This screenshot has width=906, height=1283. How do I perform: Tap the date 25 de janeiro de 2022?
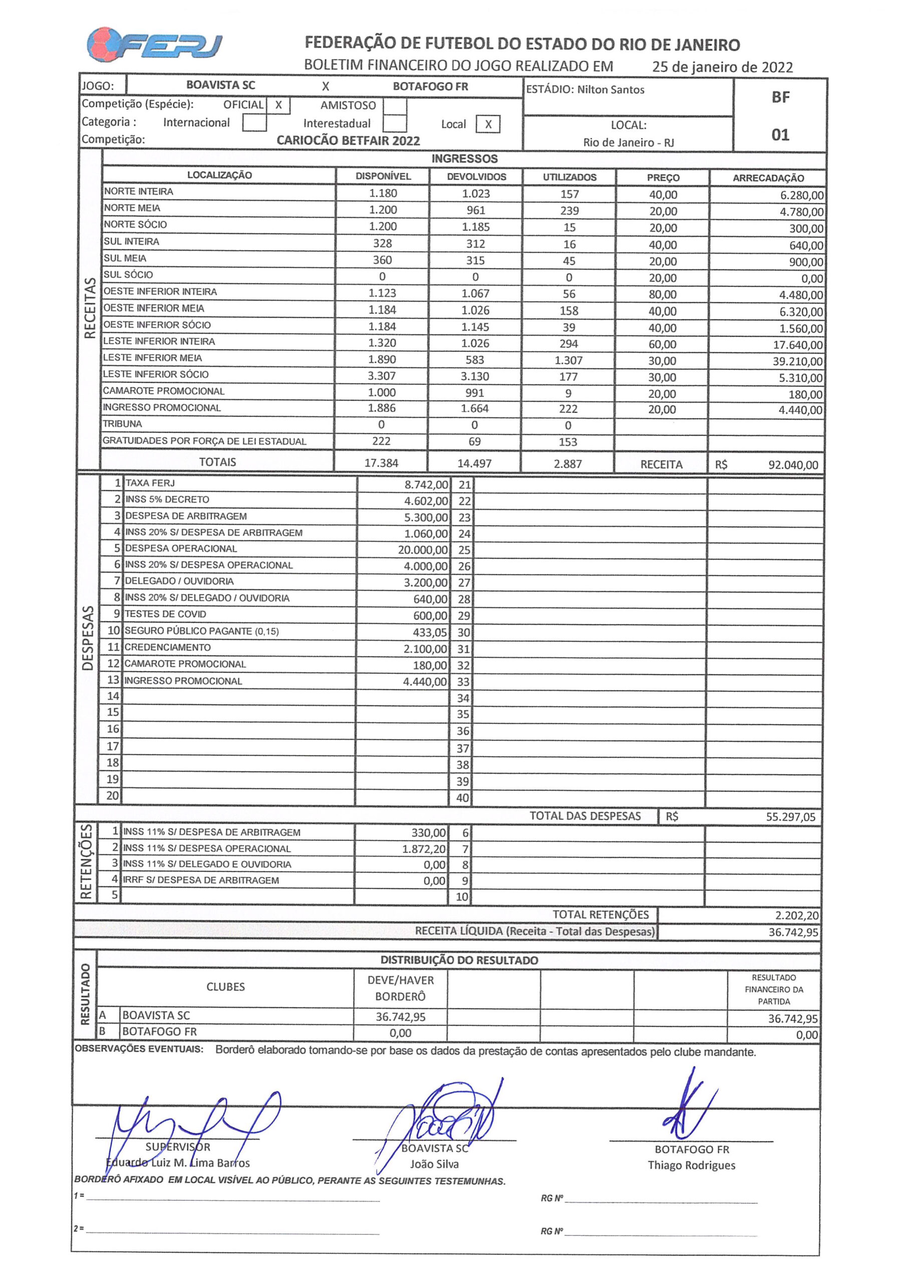(722, 67)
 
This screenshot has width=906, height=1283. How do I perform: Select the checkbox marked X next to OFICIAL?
(278, 105)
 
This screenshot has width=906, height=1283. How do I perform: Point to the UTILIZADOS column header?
(569, 177)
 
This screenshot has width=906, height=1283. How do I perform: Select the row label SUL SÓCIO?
(128, 274)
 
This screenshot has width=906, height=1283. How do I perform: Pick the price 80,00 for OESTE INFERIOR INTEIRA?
(663, 295)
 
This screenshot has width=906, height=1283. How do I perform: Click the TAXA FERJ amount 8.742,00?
(426, 485)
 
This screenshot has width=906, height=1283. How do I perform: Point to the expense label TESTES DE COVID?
(165, 614)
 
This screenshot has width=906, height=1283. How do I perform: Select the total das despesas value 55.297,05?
(790, 817)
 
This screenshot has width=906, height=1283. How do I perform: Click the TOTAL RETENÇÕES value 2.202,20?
(796, 915)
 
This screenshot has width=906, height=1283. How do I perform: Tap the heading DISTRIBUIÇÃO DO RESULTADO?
(459, 960)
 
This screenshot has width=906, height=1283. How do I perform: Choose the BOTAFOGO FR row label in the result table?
(159, 1031)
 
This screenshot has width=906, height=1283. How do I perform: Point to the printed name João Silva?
(434, 1164)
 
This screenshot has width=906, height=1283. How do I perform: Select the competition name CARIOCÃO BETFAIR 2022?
(348, 141)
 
